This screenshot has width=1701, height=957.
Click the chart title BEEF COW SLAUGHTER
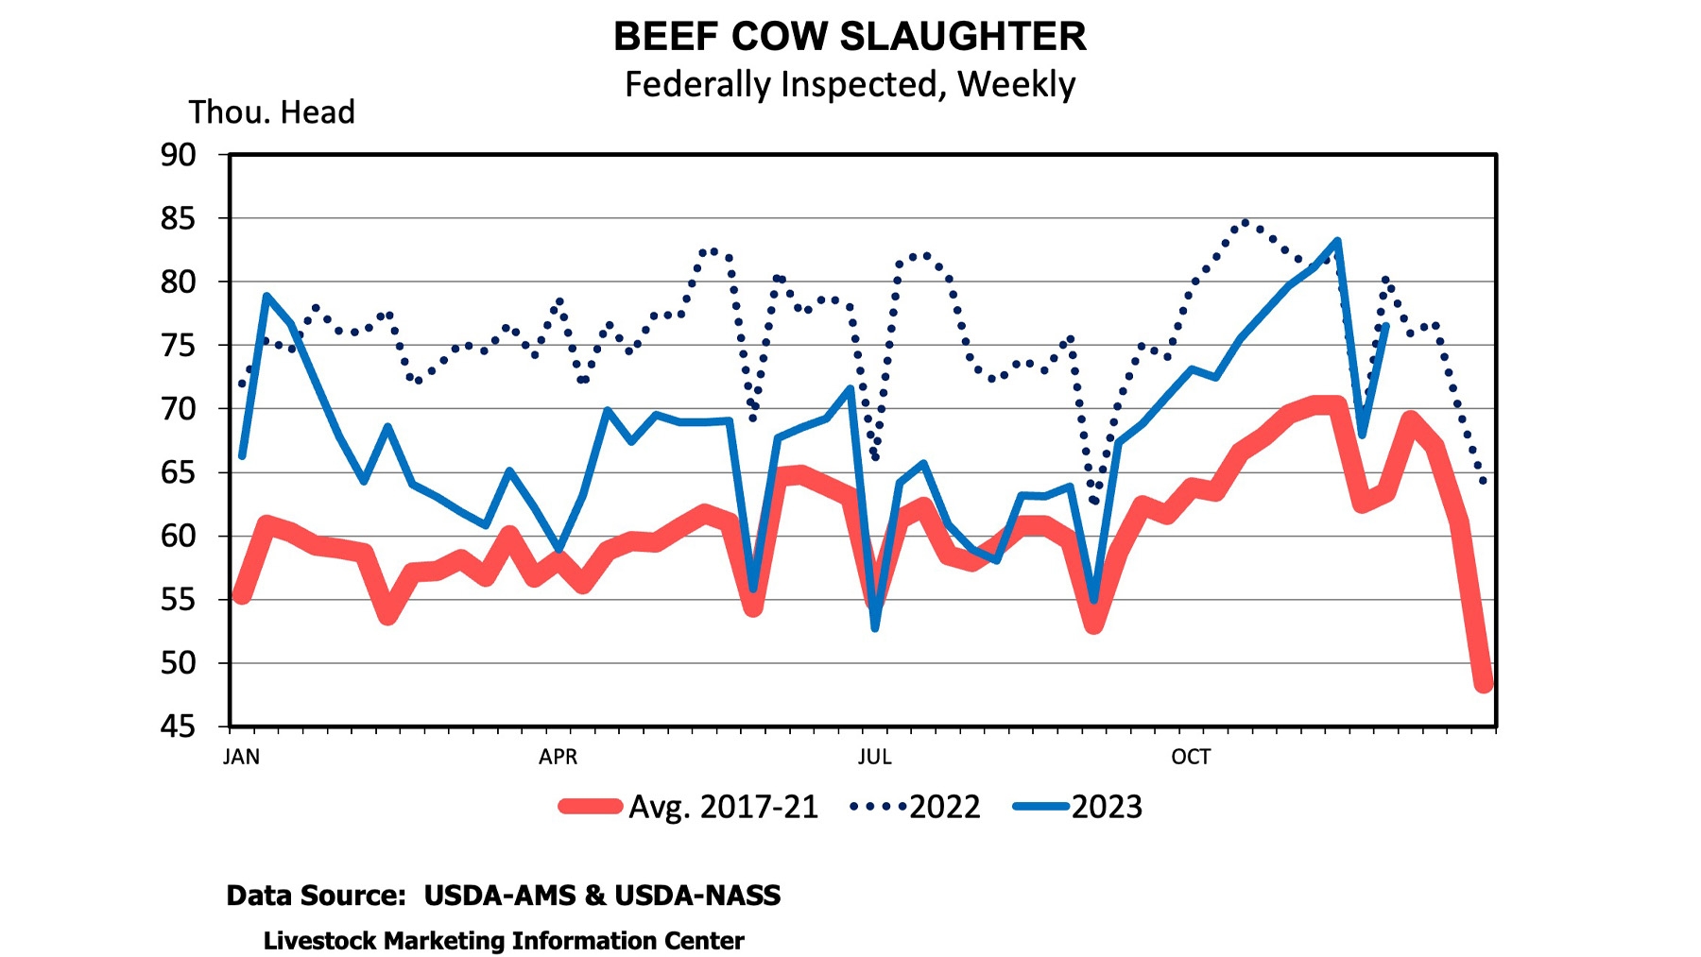pyautogui.click(x=850, y=37)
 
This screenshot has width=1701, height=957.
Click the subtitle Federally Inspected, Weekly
pyautogui.click(x=850, y=84)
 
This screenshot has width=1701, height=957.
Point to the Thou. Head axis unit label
pyautogui.click(x=271, y=112)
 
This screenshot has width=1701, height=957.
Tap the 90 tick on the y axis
pyautogui.click(x=178, y=155)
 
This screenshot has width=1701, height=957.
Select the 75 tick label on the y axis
pyautogui.click(x=178, y=346)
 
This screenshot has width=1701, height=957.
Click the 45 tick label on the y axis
pyautogui.click(x=178, y=726)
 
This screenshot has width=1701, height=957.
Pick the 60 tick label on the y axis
pyautogui.click(x=178, y=537)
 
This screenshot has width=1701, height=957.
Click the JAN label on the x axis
pyautogui.click(x=241, y=757)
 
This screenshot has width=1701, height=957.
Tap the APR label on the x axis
pyautogui.click(x=558, y=757)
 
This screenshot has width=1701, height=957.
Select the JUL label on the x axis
pyautogui.click(x=874, y=757)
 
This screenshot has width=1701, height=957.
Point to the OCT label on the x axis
pyautogui.click(x=1191, y=757)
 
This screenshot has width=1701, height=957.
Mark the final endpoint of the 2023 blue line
pyautogui.click(x=1385, y=326)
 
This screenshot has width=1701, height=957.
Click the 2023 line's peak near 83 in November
pyautogui.click(x=1337, y=241)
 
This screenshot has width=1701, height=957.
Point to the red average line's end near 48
pyautogui.click(x=1484, y=683)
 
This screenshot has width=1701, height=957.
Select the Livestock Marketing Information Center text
pyautogui.click(x=504, y=941)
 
